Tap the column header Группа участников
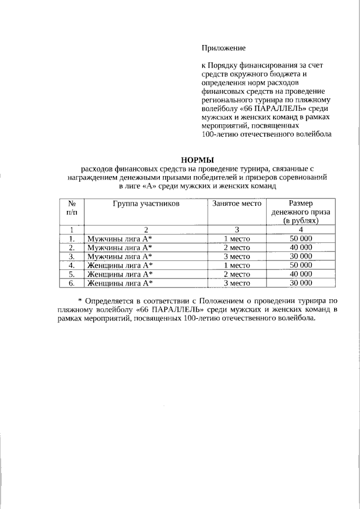pyautogui.click(x=146, y=203)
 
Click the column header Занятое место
pyautogui.click(x=237, y=203)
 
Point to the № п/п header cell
pyautogui.click(x=71, y=208)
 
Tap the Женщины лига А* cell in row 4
pyautogui.click(x=119, y=265)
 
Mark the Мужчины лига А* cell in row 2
pyautogui.click(x=119, y=247)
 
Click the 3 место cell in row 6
pyautogui.click(x=237, y=283)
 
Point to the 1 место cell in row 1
pyautogui.click(x=237, y=238)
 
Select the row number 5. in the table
pyautogui.click(x=71, y=274)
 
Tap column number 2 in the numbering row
pyautogui.click(x=146, y=229)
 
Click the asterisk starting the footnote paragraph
pyautogui.click(x=80, y=300)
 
